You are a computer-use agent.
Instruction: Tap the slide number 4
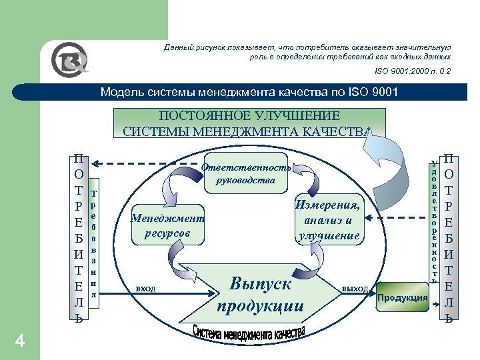point(20,342)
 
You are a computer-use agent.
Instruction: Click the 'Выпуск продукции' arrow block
point(261,294)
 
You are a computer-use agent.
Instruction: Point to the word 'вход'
point(145,289)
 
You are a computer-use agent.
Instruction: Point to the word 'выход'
point(355,289)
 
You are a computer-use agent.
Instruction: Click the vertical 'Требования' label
point(93,243)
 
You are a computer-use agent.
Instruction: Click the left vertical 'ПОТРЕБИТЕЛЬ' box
point(79,238)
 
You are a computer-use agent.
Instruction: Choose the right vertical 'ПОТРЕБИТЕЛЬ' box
point(449,238)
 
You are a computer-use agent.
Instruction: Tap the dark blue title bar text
point(249,92)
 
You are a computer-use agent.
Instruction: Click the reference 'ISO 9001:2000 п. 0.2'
point(412,69)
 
